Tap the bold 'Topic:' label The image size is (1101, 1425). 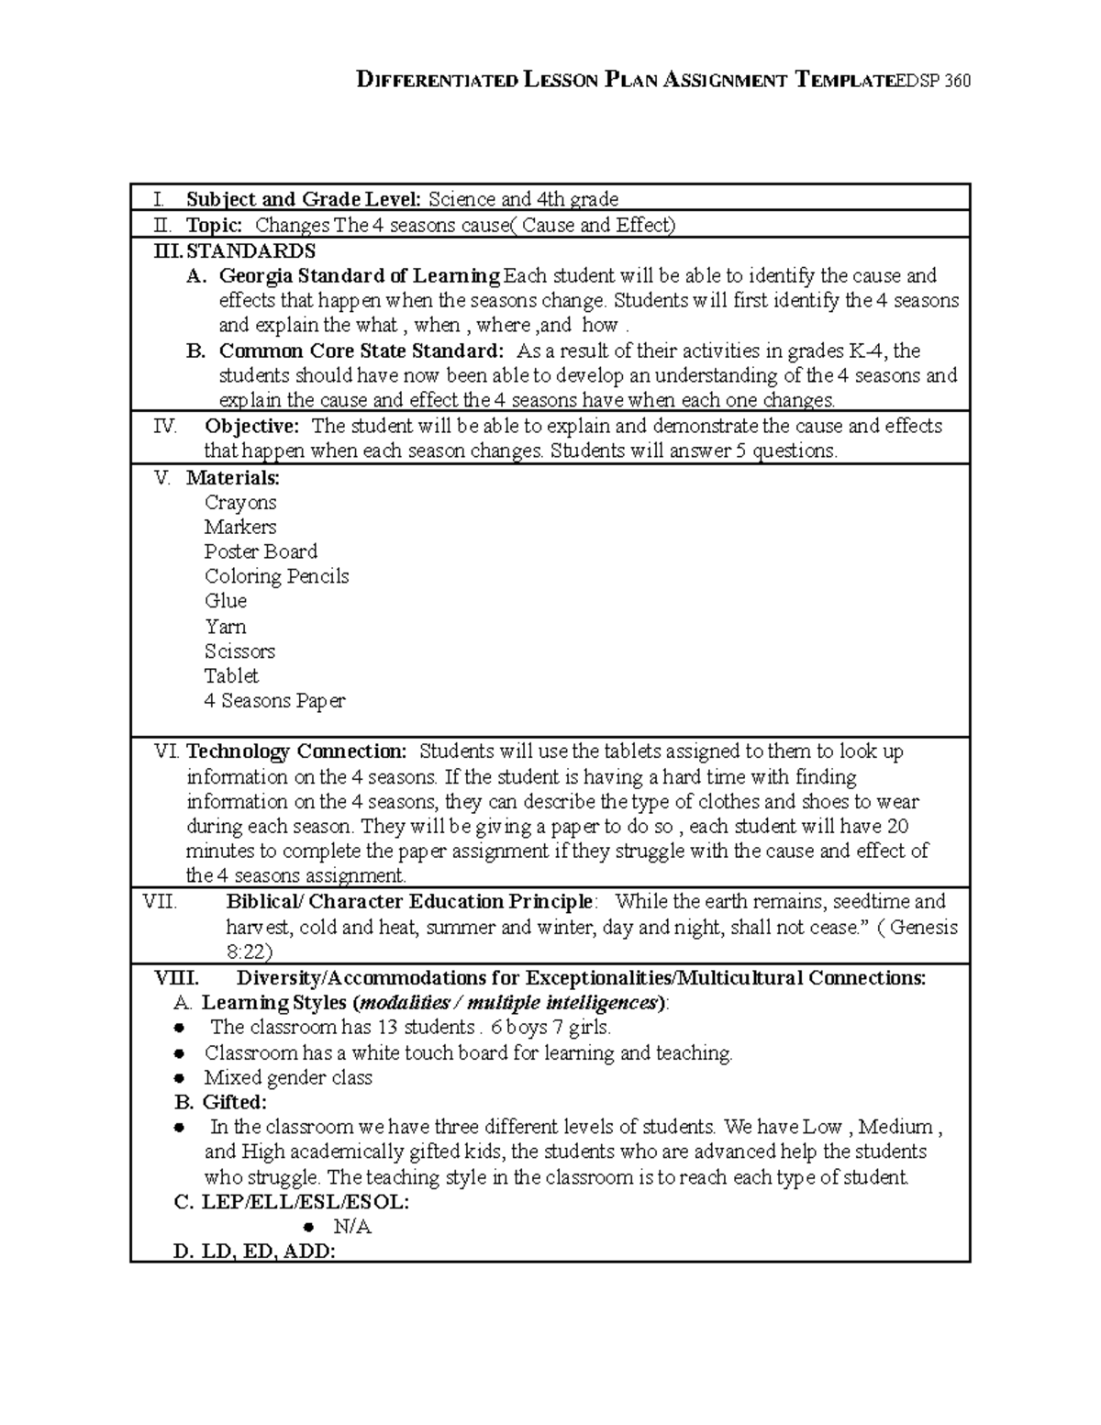coord(214,225)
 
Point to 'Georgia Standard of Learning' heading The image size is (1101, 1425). coord(360,275)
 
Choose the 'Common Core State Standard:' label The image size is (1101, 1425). coord(361,351)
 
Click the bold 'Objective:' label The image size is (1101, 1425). coord(251,426)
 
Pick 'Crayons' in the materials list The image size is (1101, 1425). coord(240,502)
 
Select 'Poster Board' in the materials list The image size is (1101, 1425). coord(261,551)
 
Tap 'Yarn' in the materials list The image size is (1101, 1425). coord(225,627)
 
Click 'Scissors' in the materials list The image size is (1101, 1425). coord(239,651)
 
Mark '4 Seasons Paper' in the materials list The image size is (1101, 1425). coord(274,701)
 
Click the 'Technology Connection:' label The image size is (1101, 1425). coord(296,751)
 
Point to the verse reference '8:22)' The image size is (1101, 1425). coord(249,952)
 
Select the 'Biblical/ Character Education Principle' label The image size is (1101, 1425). coord(409,901)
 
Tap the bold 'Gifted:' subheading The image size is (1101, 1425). coord(234,1102)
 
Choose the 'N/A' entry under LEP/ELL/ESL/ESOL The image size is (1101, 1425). coord(353,1227)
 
